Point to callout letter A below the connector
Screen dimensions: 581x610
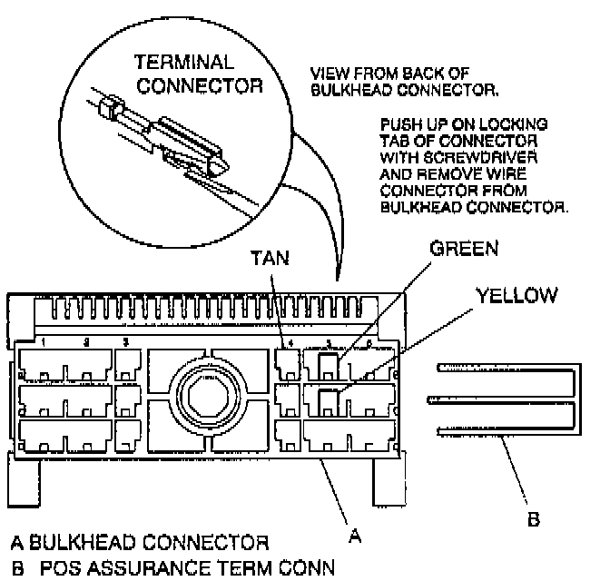[355, 536]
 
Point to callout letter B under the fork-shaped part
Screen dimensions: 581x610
[534, 519]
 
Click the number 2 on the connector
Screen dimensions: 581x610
[86, 343]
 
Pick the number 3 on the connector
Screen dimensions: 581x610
[126, 343]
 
